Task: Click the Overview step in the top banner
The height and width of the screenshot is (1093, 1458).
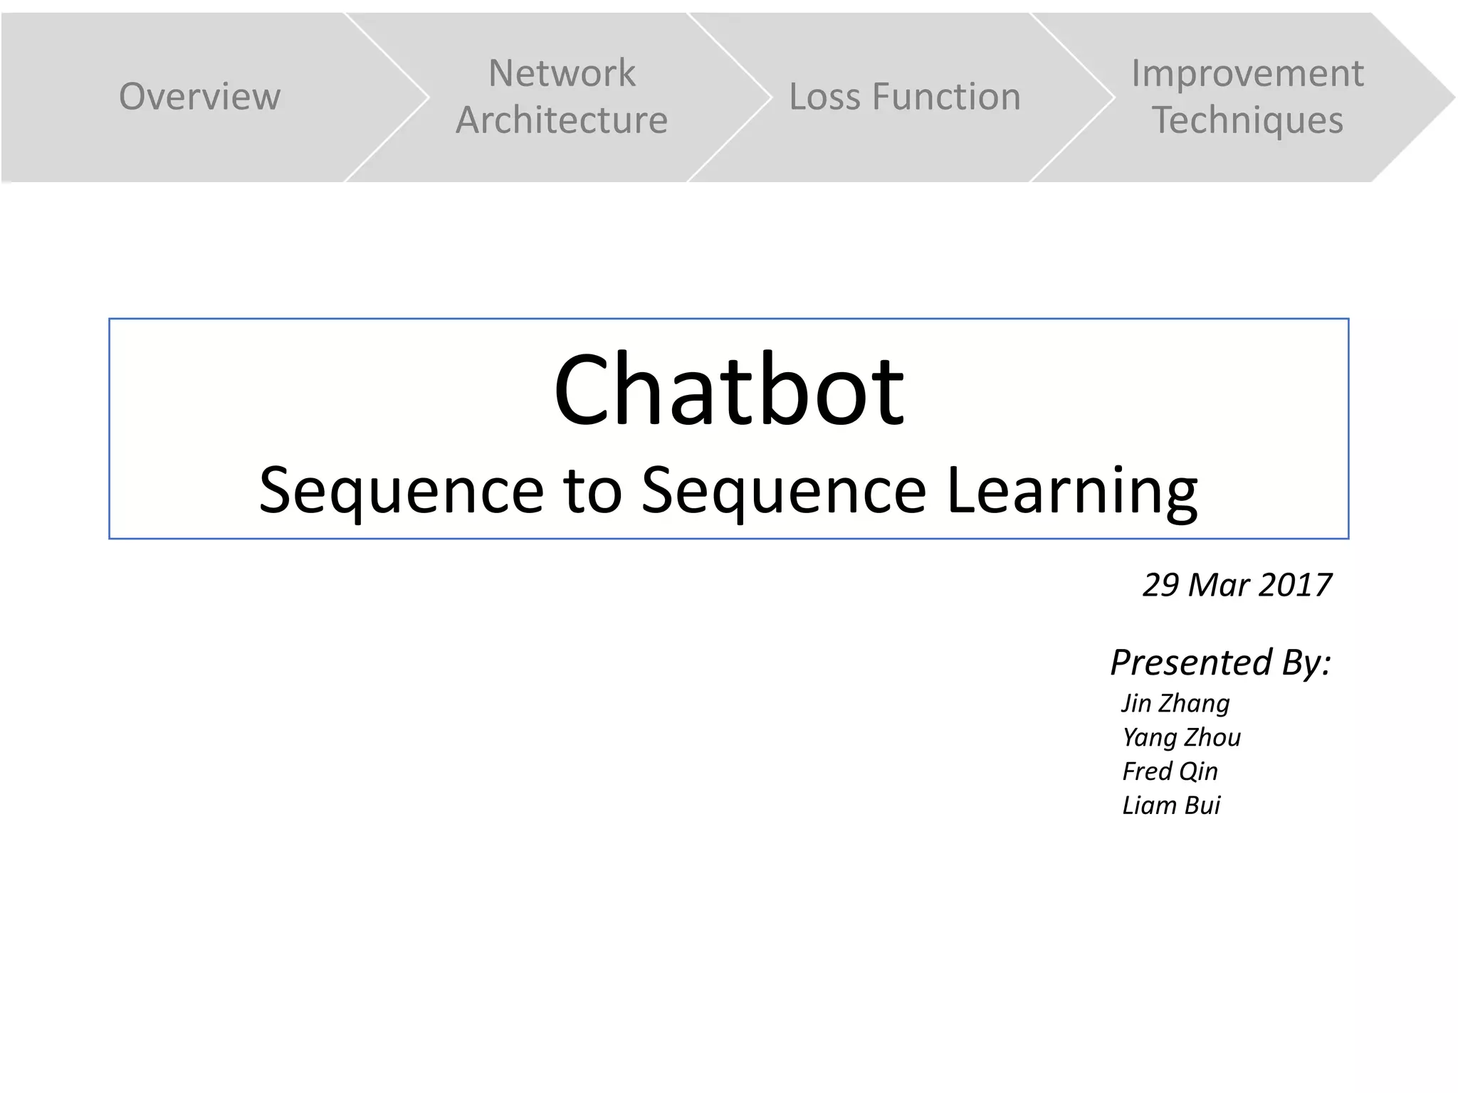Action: (x=199, y=97)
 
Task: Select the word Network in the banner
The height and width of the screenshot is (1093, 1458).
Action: (x=562, y=73)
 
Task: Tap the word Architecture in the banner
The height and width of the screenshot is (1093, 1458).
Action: (x=562, y=120)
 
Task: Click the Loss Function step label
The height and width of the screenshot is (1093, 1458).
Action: (x=904, y=97)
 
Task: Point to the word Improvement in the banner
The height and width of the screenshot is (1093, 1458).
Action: (x=1247, y=73)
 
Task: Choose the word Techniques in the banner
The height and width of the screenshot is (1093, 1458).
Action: (x=1247, y=120)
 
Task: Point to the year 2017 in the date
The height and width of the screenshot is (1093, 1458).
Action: (x=1295, y=585)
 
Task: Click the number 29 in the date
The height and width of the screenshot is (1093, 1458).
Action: (x=1160, y=585)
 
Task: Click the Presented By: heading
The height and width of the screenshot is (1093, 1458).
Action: (x=1220, y=662)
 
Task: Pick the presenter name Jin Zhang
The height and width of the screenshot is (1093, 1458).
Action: (x=1175, y=703)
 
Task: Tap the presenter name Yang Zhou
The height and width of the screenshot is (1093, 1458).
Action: (x=1181, y=737)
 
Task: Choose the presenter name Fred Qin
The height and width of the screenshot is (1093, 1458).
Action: (x=1170, y=771)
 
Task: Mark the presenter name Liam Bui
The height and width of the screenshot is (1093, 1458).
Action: (x=1171, y=806)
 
